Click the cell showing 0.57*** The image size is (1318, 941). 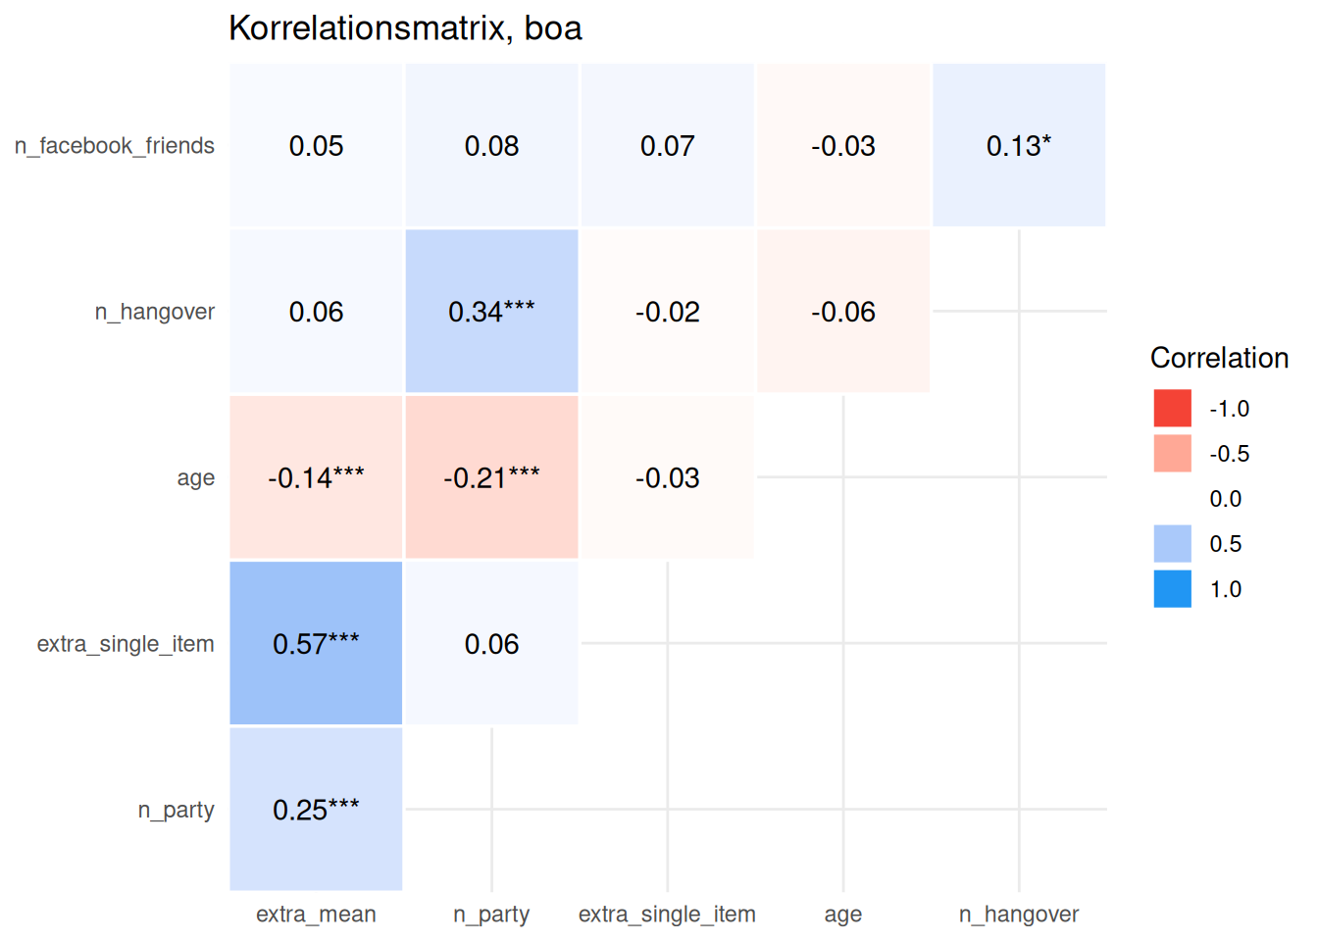pyautogui.click(x=316, y=643)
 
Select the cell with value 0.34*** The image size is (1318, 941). pyautogui.click(x=491, y=312)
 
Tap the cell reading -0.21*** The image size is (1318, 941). pyautogui.click(x=491, y=477)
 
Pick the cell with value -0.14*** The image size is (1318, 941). pyautogui.click(x=316, y=477)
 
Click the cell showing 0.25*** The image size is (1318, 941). pyautogui.click(x=316, y=810)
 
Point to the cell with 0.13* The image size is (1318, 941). pyautogui.click(x=1019, y=146)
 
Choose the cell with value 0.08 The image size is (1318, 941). pyautogui.click(x=491, y=146)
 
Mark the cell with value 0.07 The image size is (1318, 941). pyautogui.click(x=667, y=146)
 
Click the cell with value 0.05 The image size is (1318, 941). pyautogui.click(x=316, y=146)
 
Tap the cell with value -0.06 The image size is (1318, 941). pyautogui.click(x=843, y=312)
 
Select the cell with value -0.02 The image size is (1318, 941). pyautogui.click(x=667, y=312)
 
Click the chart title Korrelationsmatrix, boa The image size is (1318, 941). pyautogui.click(x=405, y=28)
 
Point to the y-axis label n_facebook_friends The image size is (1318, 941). pyautogui.click(x=115, y=146)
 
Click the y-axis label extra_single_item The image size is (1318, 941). pyautogui.click(x=126, y=644)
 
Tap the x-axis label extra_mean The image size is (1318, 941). pyautogui.click(x=316, y=915)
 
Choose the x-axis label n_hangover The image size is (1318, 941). pyautogui.click(x=1019, y=915)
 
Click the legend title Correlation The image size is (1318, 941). pyautogui.click(x=1219, y=358)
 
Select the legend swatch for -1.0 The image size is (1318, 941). pyautogui.click(x=1173, y=409)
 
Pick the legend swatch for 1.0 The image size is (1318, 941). pyautogui.click(x=1173, y=589)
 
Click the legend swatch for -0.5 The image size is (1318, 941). pyautogui.click(x=1173, y=454)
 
